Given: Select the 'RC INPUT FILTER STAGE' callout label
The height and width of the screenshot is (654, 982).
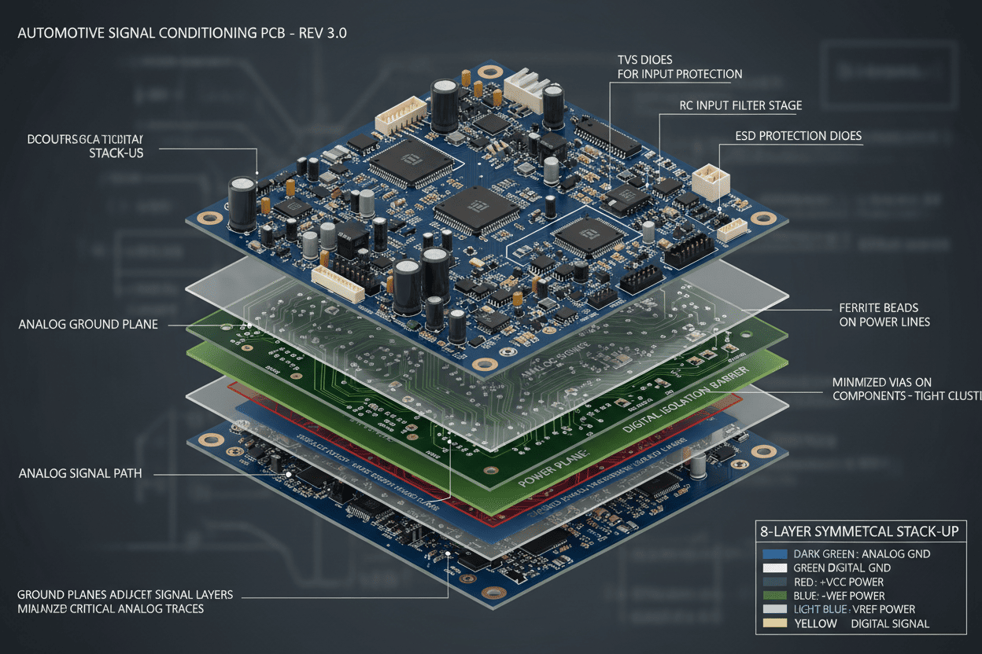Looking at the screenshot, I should point(740,105).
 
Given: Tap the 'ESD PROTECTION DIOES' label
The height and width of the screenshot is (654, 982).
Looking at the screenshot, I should point(799,136).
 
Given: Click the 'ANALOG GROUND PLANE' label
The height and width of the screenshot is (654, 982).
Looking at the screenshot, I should point(87,325).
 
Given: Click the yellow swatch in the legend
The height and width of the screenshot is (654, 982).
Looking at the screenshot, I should point(775,623).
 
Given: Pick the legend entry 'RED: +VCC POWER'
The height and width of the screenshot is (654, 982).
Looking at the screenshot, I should point(838,582).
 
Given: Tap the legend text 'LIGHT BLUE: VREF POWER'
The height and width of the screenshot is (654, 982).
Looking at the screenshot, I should point(854,609).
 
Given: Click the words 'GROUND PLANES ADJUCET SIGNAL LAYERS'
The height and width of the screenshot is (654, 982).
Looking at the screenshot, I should point(124,594).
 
